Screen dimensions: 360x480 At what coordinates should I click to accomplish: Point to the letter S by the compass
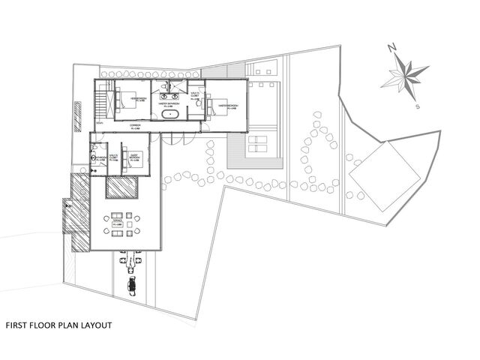point(417,106)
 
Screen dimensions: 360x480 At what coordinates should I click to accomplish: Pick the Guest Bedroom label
point(136,157)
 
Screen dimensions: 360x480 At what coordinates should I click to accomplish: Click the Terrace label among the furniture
point(116,223)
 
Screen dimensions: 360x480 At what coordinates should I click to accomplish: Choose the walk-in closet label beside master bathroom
point(195,97)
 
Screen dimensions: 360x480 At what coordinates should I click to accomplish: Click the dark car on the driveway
point(133,286)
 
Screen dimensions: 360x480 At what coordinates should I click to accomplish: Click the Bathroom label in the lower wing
point(98,157)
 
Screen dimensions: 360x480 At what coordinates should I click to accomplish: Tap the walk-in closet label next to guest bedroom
point(115,156)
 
